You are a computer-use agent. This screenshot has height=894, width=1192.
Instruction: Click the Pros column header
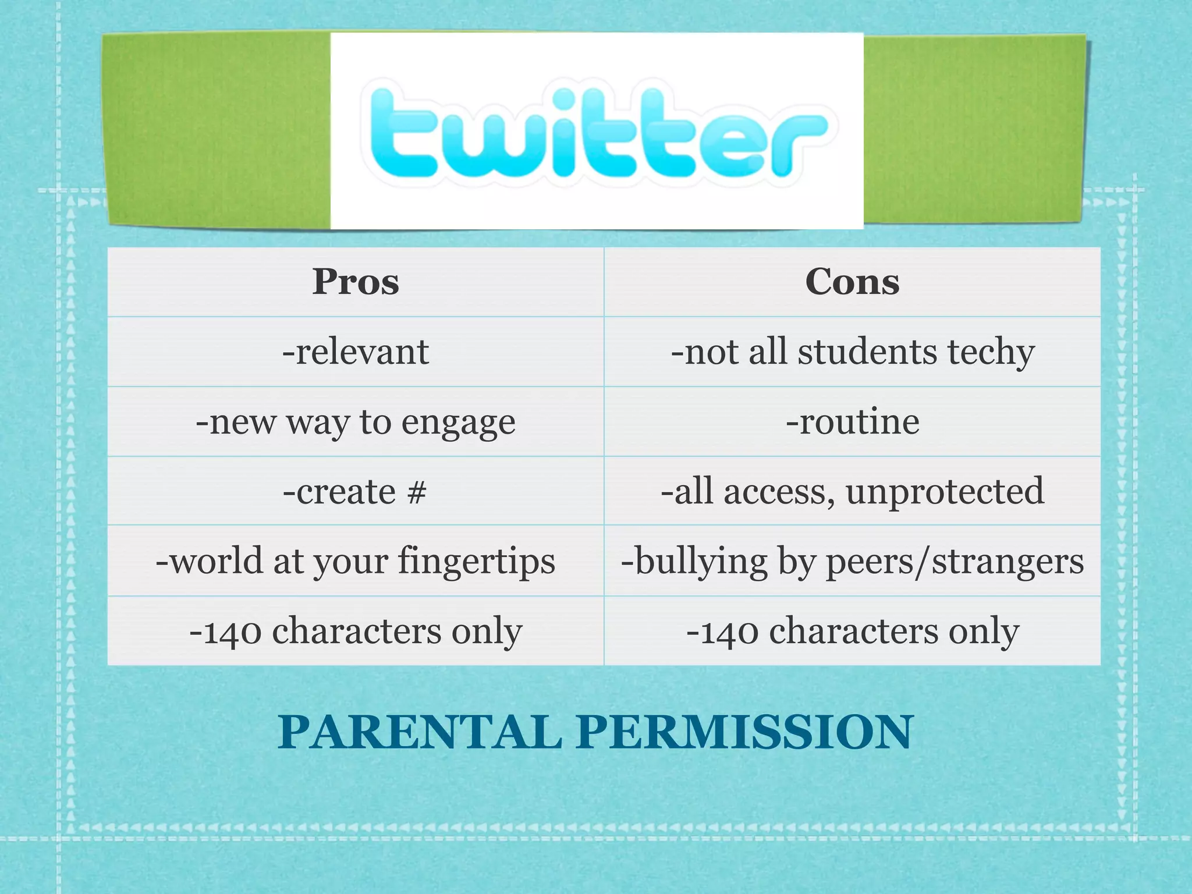pos(356,282)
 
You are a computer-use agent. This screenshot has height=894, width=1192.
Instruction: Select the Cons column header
pos(852,282)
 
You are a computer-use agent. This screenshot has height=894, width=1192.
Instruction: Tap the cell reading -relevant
pos(356,352)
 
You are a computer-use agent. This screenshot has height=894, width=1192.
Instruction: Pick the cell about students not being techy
pos(852,352)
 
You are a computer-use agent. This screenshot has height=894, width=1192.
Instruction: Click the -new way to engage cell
pos(356,422)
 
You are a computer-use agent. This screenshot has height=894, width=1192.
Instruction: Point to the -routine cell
pos(852,421)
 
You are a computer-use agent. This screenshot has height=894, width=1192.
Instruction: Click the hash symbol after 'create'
pos(417,492)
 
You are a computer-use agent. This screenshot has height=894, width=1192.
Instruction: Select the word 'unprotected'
pos(945,492)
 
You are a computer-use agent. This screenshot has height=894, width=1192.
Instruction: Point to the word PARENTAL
pos(420,732)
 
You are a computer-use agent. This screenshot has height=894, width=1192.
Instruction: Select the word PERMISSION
pos(744,732)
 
